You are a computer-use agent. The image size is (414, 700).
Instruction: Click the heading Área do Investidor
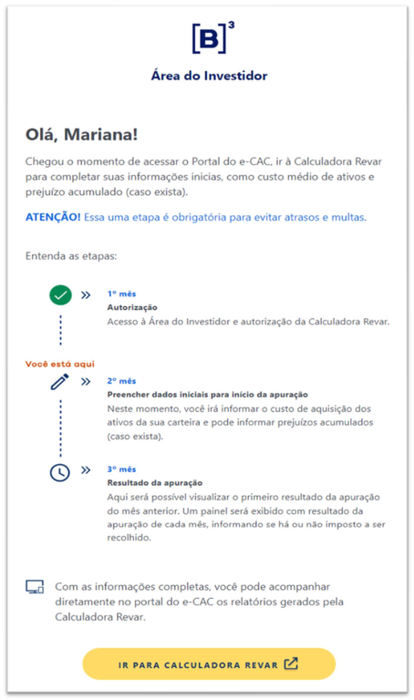(x=210, y=76)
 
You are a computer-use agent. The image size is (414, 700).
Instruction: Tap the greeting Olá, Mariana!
(x=82, y=134)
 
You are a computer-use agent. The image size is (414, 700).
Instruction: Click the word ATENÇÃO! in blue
(x=53, y=217)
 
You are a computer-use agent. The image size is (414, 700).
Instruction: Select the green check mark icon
(x=61, y=295)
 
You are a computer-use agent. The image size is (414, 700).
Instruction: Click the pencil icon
(x=60, y=382)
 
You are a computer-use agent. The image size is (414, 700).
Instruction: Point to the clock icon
(x=60, y=471)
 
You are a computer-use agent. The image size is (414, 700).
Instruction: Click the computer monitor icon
(x=35, y=587)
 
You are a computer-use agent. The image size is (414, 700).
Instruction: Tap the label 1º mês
(x=121, y=294)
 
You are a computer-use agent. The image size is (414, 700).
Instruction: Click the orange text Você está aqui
(x=60, y=364)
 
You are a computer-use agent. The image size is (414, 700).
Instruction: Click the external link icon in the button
(x=291, y=664)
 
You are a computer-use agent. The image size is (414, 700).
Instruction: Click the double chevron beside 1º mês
(x=86, y=295)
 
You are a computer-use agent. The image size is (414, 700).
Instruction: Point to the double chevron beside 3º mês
(x=86, y=471)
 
